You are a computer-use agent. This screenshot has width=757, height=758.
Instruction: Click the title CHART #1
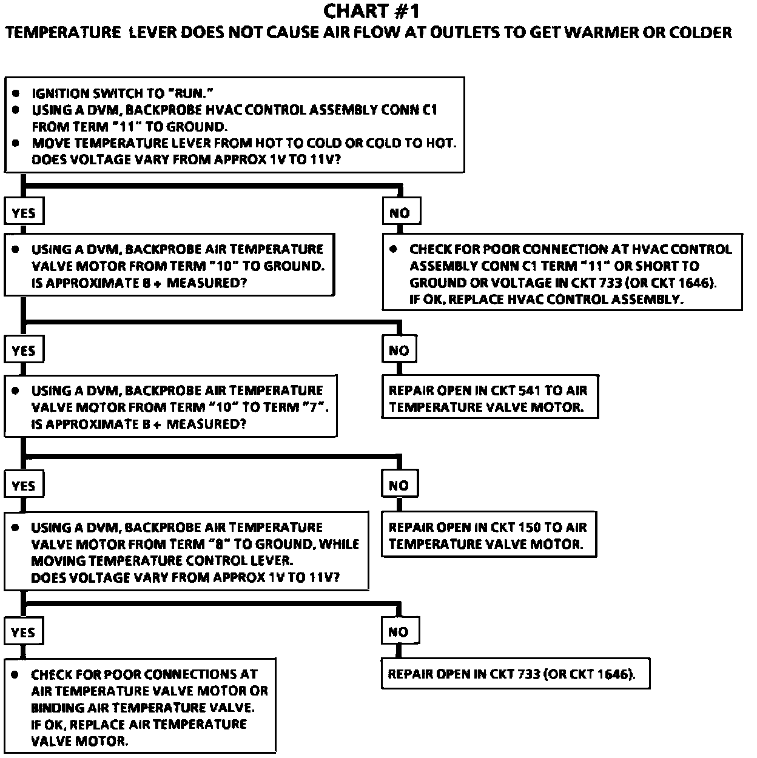[371, 11]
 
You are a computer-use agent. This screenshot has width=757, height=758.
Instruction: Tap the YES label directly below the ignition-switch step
[24, 213]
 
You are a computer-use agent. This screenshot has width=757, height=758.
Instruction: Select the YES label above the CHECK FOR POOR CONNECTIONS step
[23, 632]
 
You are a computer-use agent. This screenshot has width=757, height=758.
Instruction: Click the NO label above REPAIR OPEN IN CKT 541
[399, 350]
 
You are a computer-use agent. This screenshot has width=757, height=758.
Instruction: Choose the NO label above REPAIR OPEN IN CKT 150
[399, 485]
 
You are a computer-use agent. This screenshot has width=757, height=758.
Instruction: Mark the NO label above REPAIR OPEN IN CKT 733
[399, 632]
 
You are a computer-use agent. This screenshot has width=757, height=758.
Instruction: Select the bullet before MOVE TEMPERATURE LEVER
[16, 143]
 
